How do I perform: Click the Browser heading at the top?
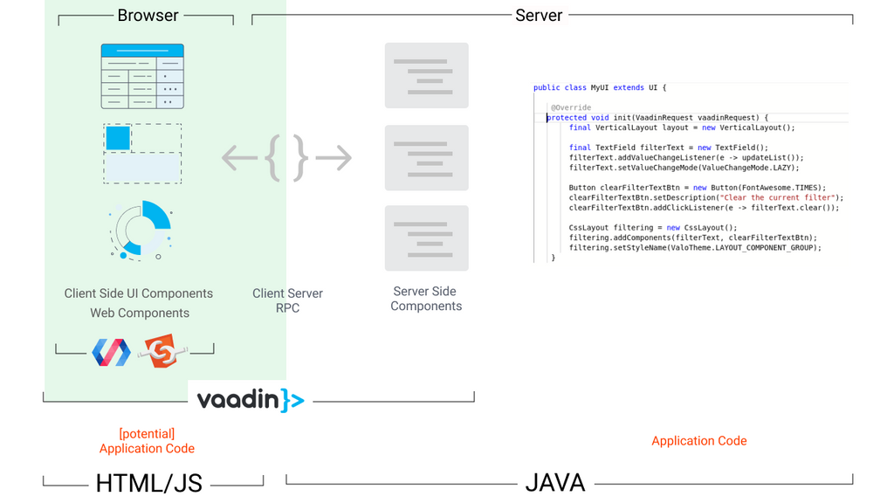[x=148, y=16]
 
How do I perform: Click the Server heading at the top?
[x=539, y=16]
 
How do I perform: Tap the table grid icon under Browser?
[x=142, y=76]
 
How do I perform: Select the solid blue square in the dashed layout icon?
[x=118, y=138]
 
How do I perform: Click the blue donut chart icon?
[x=141, y=230]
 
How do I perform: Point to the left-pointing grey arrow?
[x=239, y=158]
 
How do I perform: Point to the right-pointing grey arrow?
[x=334, y=158]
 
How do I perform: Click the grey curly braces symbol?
[x=287, y=158]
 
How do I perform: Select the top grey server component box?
[x=426, y=76]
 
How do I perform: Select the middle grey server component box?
[x=426, y=158]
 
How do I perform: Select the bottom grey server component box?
[x=426, y=238]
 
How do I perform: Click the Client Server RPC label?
[x=287, y=300]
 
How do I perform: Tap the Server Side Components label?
[x=426, y=299]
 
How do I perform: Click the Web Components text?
[x=140, y=313]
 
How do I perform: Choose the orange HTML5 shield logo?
[x=162, y=352]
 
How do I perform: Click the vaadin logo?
[x=250, y=400]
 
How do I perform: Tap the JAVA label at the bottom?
[x=555, y=482]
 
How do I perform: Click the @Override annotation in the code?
[x=571, y=108]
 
